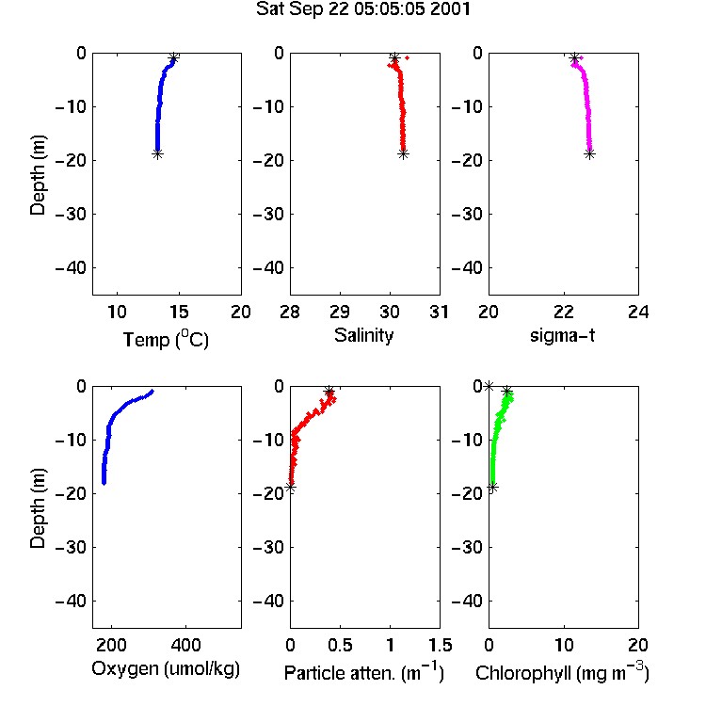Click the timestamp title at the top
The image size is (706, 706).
[363, 8]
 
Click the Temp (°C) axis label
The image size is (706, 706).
[166, 339]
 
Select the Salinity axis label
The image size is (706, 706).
[363, 335]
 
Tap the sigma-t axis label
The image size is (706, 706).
[562, 335]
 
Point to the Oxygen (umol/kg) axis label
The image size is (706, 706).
[166, 669]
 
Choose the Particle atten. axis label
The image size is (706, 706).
[364, 673]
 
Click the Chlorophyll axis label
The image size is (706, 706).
[562, 673]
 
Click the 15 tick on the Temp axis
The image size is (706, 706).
[179, 312]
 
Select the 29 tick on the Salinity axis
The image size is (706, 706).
[340, 312]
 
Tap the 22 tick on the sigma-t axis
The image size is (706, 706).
[564, 312]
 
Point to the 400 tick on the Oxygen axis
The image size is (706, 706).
[185, 645]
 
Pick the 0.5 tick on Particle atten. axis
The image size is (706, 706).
[340, 645]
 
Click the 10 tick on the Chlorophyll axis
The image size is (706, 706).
[564, 645]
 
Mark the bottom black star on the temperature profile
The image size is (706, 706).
[157, 154]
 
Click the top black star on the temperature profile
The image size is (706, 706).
[174, 57]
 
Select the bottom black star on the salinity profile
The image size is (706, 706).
[404, 154]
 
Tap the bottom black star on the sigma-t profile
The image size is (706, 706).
[590, 154]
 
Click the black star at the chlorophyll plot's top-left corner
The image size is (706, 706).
[489, 386]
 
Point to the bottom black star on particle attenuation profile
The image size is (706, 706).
[291, 488]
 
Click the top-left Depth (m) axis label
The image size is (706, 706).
[38, 175]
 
